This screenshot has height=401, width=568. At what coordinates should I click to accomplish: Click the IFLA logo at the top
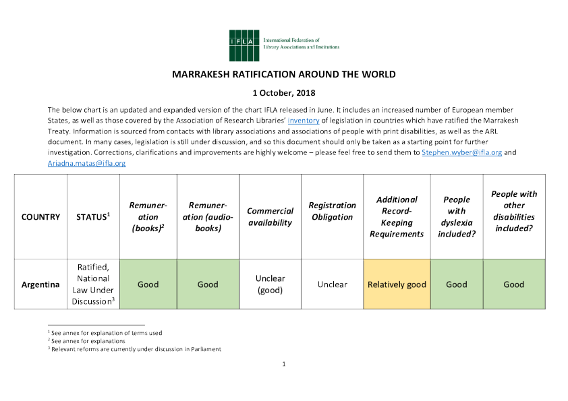pos(283,42)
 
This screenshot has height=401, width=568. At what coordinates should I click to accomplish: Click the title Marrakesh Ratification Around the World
pos(284,74)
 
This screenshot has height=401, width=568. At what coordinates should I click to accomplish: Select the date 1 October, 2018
pos(284,92)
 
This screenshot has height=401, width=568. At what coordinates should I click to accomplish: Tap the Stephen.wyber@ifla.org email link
pos(461,153)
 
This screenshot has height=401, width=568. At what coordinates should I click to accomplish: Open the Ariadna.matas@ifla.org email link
pos(86,163)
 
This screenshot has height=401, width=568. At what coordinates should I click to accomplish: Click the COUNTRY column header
pos(40,217)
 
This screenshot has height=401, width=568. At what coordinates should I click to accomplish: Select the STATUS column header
pos(93,217)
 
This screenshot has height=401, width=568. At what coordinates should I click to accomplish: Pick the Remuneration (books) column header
pos(148,217)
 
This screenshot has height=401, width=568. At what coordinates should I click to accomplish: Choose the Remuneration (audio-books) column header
pos(208,217)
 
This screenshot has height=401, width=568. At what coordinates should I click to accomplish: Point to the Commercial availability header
pos(270,217)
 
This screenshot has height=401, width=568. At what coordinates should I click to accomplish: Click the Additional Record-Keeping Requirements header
pos(397,216)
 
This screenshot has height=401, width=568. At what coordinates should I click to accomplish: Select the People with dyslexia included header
pos(456,216)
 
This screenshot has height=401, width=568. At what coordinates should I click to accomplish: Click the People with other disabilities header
pos(514,211)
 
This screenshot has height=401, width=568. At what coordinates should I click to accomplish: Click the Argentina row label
pos(40,284)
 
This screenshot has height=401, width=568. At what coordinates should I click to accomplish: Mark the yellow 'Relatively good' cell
pos(397,284)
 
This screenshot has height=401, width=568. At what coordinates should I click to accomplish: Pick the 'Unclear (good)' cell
pos(270,284)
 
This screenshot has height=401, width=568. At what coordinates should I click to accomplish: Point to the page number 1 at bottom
pos(284,365)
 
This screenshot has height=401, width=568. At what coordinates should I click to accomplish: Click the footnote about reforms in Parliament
pos(135,349)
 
